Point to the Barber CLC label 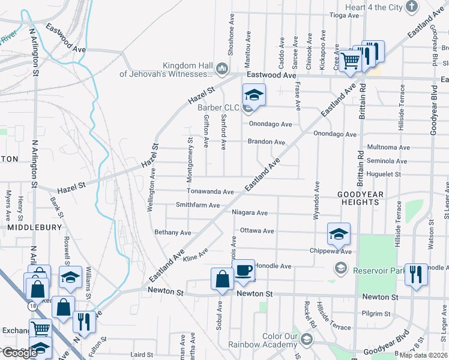218,107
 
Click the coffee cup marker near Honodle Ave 243,271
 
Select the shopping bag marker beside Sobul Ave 222,278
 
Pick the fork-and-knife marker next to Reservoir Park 415,274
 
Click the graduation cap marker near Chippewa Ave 339,234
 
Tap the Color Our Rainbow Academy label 263,340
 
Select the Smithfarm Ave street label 200,205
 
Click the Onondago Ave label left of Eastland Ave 270,124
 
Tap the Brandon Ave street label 267,142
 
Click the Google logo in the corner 20,353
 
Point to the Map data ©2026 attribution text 422,355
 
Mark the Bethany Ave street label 172,232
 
